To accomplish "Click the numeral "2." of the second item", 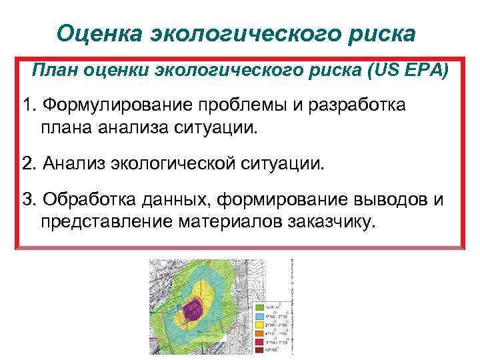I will tap(29, 163).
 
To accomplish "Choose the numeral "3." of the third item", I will tap(29, 201).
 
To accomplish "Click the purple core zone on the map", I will tap(193, 309).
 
